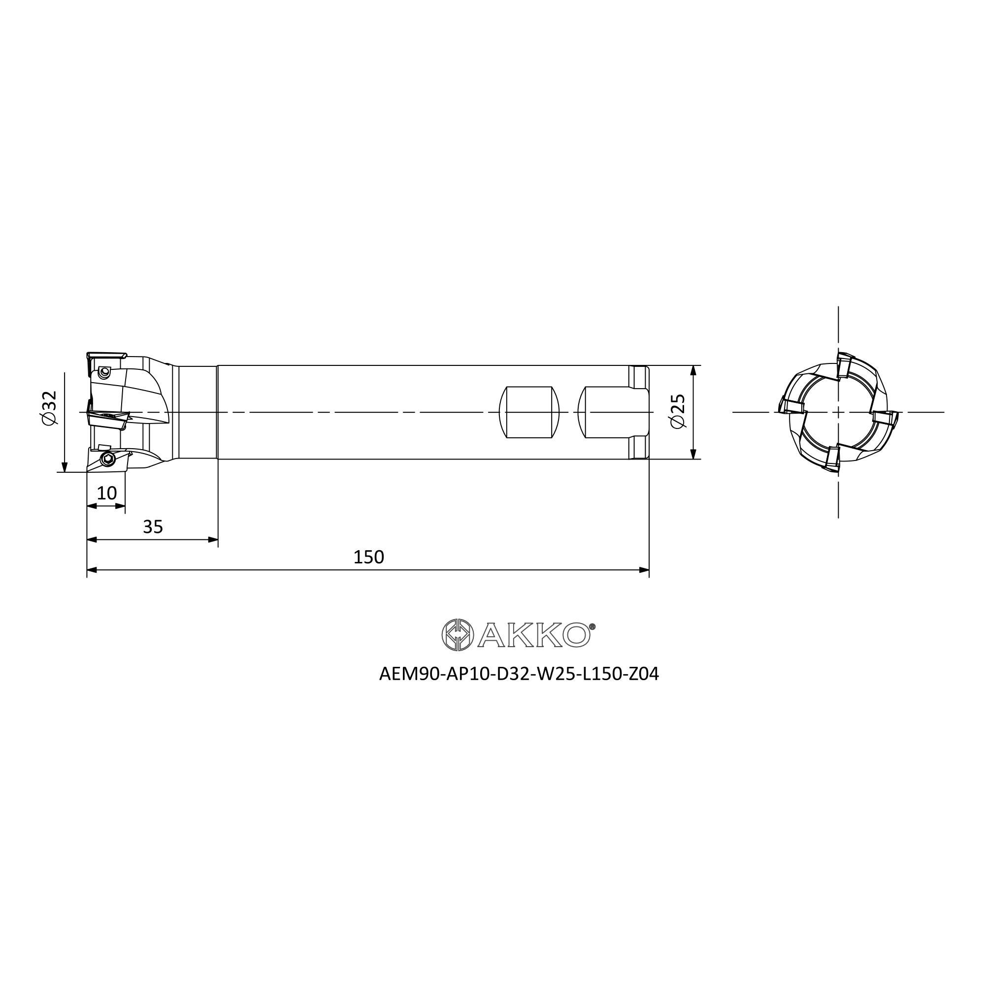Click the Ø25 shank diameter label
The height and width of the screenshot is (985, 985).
point(679,412)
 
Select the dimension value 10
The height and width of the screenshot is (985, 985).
point(106,493)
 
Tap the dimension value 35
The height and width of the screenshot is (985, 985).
point(153,526)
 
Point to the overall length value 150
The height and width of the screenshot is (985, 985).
point(368,557)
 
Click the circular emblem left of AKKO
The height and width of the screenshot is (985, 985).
point(458,635)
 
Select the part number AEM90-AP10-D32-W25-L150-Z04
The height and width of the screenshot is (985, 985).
point(519,674)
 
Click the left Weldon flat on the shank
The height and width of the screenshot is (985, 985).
point(529,412)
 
